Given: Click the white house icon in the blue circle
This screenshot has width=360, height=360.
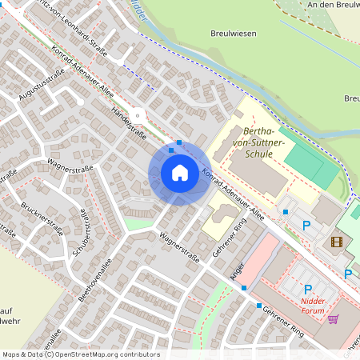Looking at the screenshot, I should coord(180,172).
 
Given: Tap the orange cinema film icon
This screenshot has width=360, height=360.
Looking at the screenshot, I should coord(336,241).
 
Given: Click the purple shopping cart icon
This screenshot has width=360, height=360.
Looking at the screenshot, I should coord(333,318).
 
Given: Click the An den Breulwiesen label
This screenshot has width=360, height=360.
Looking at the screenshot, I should coord(332,5).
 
